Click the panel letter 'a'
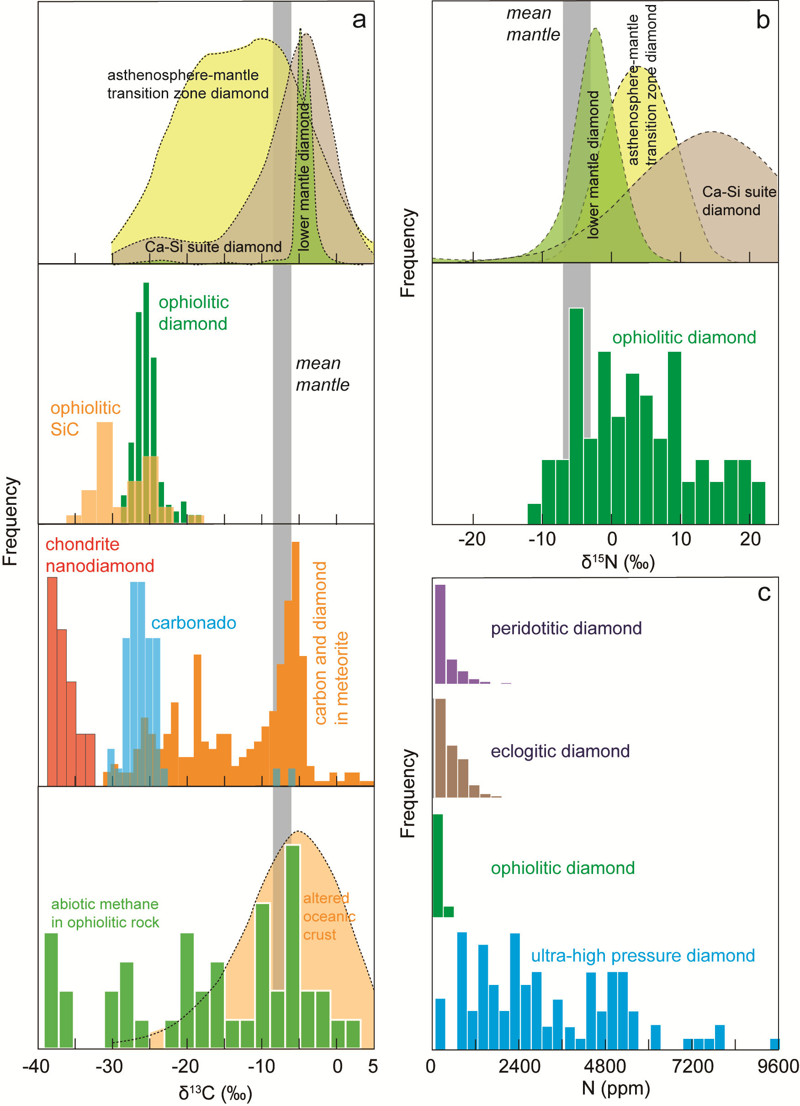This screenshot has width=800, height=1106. tap(359, 20)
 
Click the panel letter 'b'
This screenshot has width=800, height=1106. tap(763, 20)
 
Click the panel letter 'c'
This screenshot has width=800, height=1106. tap(764, 593)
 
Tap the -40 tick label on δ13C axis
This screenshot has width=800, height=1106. tap(36, 1067)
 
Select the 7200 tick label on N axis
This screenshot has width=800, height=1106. tap(693, 1067)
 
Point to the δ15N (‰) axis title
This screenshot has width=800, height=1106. tap(618, 562)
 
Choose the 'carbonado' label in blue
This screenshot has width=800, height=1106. tap(194, 623)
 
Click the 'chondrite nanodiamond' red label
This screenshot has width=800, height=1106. tap(100, 555)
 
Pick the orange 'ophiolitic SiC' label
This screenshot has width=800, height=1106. tap(85, 418)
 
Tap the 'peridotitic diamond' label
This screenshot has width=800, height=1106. tap(566, 628)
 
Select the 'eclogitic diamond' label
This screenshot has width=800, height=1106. tap(560, 751)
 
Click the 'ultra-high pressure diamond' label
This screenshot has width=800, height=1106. tap(642, 955)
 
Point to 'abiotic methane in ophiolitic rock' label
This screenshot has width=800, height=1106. tap(105, 913)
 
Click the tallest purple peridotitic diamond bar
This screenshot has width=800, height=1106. tap(440, 634)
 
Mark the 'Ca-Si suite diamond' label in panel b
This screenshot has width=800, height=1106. tap(738, 201)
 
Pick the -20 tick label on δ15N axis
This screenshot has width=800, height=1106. tap(472, 539)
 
